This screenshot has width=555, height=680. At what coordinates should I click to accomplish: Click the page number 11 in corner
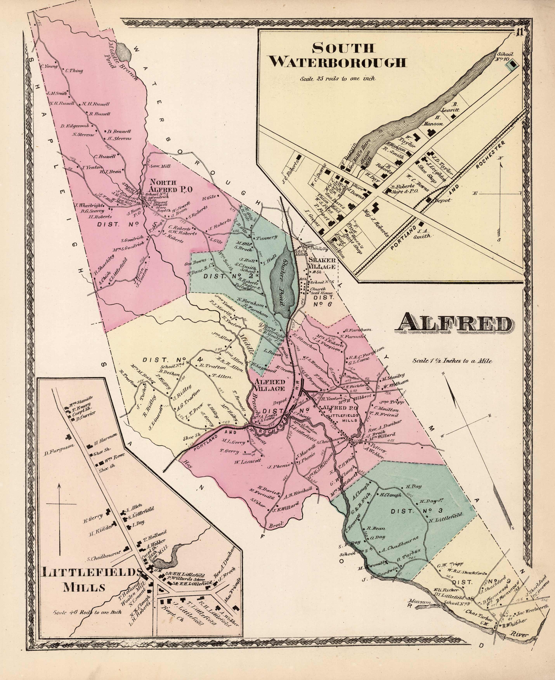519,33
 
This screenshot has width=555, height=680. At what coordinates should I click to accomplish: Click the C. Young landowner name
48,67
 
